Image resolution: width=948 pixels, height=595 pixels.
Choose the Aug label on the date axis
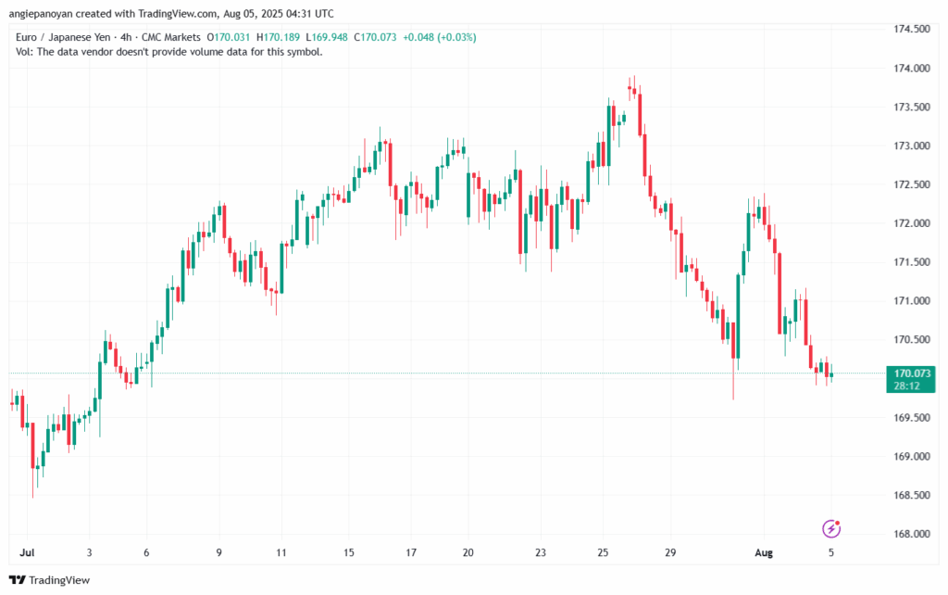click(764, 552)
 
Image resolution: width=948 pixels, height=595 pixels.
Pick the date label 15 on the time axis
click(349, 552)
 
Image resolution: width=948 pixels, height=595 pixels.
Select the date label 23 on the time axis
click(540, 552)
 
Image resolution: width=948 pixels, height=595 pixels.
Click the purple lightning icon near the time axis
click(832, 529)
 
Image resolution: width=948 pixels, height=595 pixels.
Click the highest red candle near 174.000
click(630, 89)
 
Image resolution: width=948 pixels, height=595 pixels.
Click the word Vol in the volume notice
click(26, 52)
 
